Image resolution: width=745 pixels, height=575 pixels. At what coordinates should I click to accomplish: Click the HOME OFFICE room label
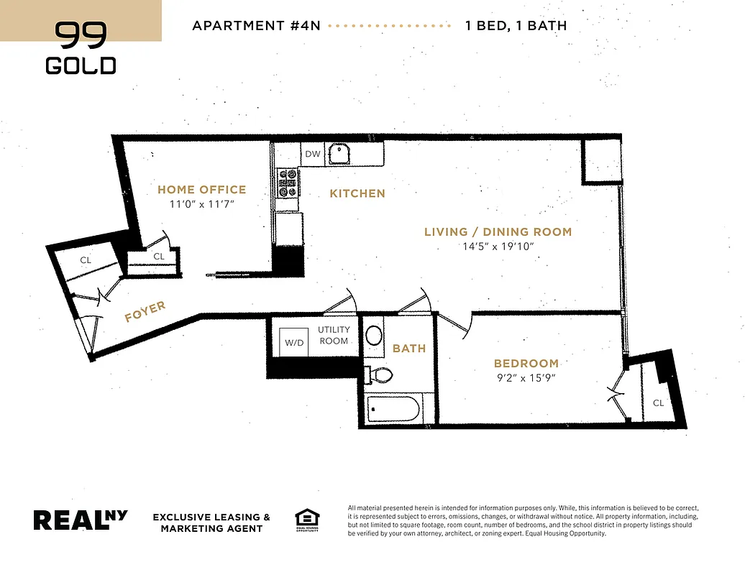point(201,190)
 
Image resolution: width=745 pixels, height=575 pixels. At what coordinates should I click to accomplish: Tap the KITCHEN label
point(357,193)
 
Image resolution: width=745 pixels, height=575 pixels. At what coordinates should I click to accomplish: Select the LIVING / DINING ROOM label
point(498,231)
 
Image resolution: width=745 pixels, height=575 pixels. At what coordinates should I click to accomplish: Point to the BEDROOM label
point(526,364)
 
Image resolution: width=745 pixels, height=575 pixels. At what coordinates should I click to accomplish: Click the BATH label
point(408,348)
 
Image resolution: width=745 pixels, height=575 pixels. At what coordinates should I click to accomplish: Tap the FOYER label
point(145,312)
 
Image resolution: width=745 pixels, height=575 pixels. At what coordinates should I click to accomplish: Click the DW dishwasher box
point(312,154)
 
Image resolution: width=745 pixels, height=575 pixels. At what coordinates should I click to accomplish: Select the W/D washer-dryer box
point(295,342)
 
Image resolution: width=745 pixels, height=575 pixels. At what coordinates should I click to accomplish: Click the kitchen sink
point(337,153)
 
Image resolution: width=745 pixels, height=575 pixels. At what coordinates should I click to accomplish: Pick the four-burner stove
point(288,183)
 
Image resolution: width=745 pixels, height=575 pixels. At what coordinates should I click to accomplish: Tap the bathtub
point(393,410)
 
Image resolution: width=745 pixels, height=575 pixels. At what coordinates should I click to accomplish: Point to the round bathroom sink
point(375,335)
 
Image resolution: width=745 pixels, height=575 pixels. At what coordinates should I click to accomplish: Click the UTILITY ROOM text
point(334,335)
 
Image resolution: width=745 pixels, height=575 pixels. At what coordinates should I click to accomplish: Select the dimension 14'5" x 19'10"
point(498,247)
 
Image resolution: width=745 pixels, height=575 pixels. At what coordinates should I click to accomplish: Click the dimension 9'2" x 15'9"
point(526,378)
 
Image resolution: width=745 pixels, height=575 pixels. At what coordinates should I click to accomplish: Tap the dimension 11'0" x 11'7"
point(201,205)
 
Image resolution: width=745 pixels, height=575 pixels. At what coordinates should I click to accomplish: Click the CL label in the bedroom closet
point(658,403)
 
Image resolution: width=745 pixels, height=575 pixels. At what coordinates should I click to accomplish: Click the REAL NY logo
point(81,520)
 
